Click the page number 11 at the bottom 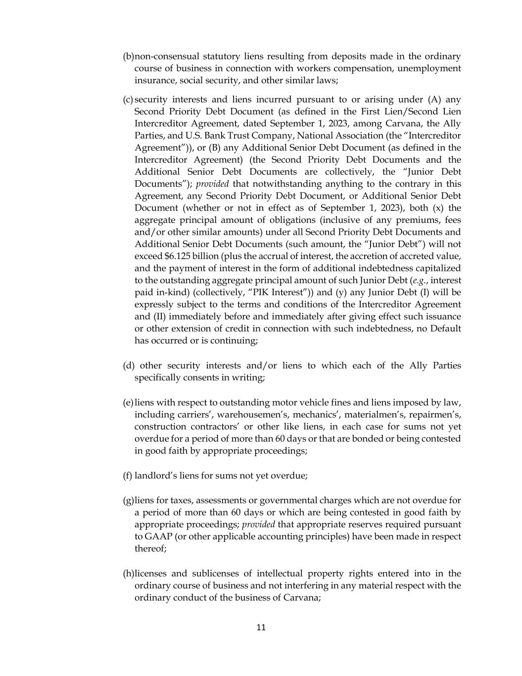[261, 627]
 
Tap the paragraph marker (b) [128, 56]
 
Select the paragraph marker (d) [129, 365]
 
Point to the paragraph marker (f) [128, 475]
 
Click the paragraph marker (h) [128, 573]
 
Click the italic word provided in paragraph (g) [258, 524]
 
